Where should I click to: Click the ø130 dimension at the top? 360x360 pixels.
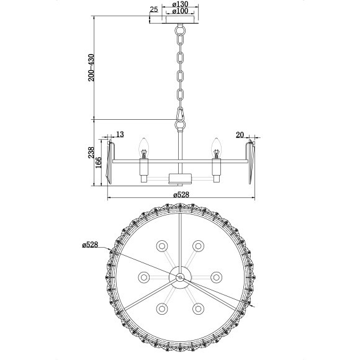[x=179, y=4]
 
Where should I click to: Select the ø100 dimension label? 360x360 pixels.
[x=179, y=12]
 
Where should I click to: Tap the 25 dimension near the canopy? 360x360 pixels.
[x=153, y=9]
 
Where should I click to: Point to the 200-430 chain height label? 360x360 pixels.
[x=91, y=68]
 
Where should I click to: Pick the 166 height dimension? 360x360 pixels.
[x=99, y=163]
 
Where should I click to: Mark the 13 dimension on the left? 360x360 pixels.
[x=120, y=134]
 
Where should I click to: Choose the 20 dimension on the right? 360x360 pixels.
[x=240, y=134]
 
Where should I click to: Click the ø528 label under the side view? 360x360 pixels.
[x=181, y=194]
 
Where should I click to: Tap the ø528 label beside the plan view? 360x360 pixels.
[x=91, y=246]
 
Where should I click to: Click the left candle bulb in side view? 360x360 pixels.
[x=144, y=148]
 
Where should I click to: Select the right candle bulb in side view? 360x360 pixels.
[x=217, y=148]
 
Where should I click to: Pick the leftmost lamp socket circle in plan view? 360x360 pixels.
[x=144, y=277]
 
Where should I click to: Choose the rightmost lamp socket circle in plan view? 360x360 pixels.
[x=217, y=277]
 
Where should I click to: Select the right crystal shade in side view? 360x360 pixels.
[x=251, y=163]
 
